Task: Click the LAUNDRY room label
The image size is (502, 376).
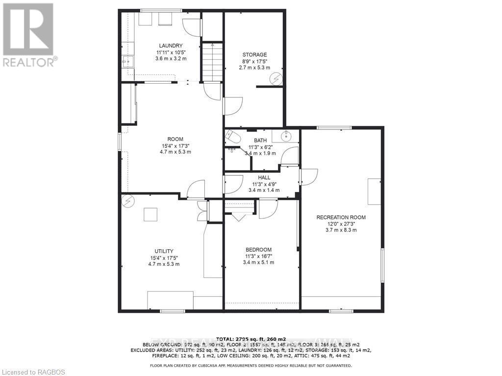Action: pyautogui.click(x=170, y=46)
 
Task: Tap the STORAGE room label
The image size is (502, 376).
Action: pyautogui.click(x=255, y=55)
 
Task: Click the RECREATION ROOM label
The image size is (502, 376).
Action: pyautogui.click(x=341, y=217)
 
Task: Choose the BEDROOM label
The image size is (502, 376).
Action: pyautogui.click(x=258, y=250)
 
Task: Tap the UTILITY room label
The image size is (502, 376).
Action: pyautogui.click(x=164, y=251)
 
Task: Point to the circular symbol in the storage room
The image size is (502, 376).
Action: pyautogui.click(x=277, y=78)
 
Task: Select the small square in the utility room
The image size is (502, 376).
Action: pyautogui.click(x=150, y=214)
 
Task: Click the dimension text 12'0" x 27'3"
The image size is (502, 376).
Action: pyautogui.click(x=341, y=224)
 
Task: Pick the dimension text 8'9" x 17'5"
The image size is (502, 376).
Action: pyautogui.click(x=255, y=61)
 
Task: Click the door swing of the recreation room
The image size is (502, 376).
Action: pyautogui.click(x=310, y=177)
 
